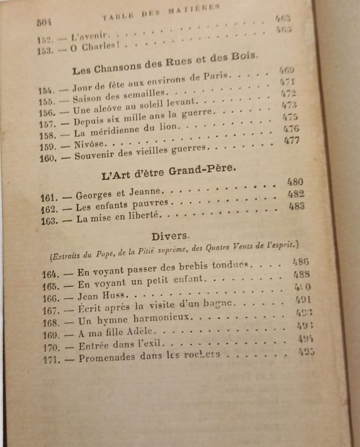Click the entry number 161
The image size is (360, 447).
click(x=50, y=197)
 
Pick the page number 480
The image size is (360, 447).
click(x=295, y=182)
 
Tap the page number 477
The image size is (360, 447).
click(x=291, y=140)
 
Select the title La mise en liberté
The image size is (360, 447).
click(x=119, y=216)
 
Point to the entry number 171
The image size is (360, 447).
click(x=52, y=359)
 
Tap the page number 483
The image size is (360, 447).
click(x=296, y=206)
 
